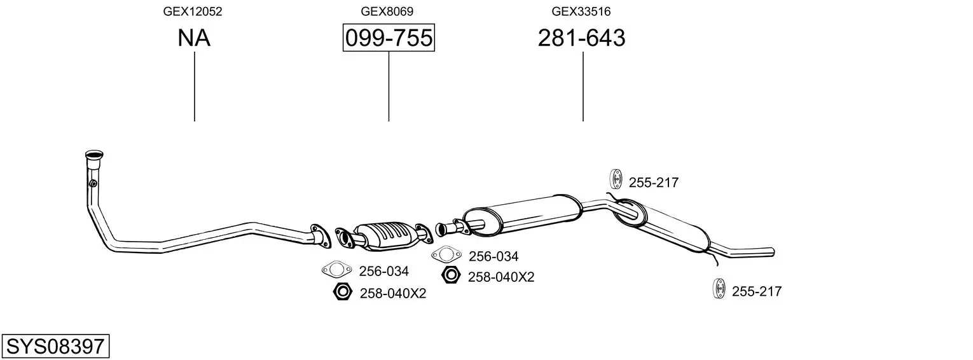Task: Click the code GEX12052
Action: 193,11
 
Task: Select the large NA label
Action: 194,39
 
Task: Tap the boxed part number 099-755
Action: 389,39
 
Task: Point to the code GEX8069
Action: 387,11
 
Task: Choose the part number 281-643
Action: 581,39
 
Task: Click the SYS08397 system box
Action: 55,347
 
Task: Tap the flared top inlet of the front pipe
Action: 94,155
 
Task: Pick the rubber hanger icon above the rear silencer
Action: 616,180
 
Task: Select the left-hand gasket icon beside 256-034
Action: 336,270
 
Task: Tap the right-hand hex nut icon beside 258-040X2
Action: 451,275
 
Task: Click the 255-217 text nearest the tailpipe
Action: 756,292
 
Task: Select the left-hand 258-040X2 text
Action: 392,293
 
